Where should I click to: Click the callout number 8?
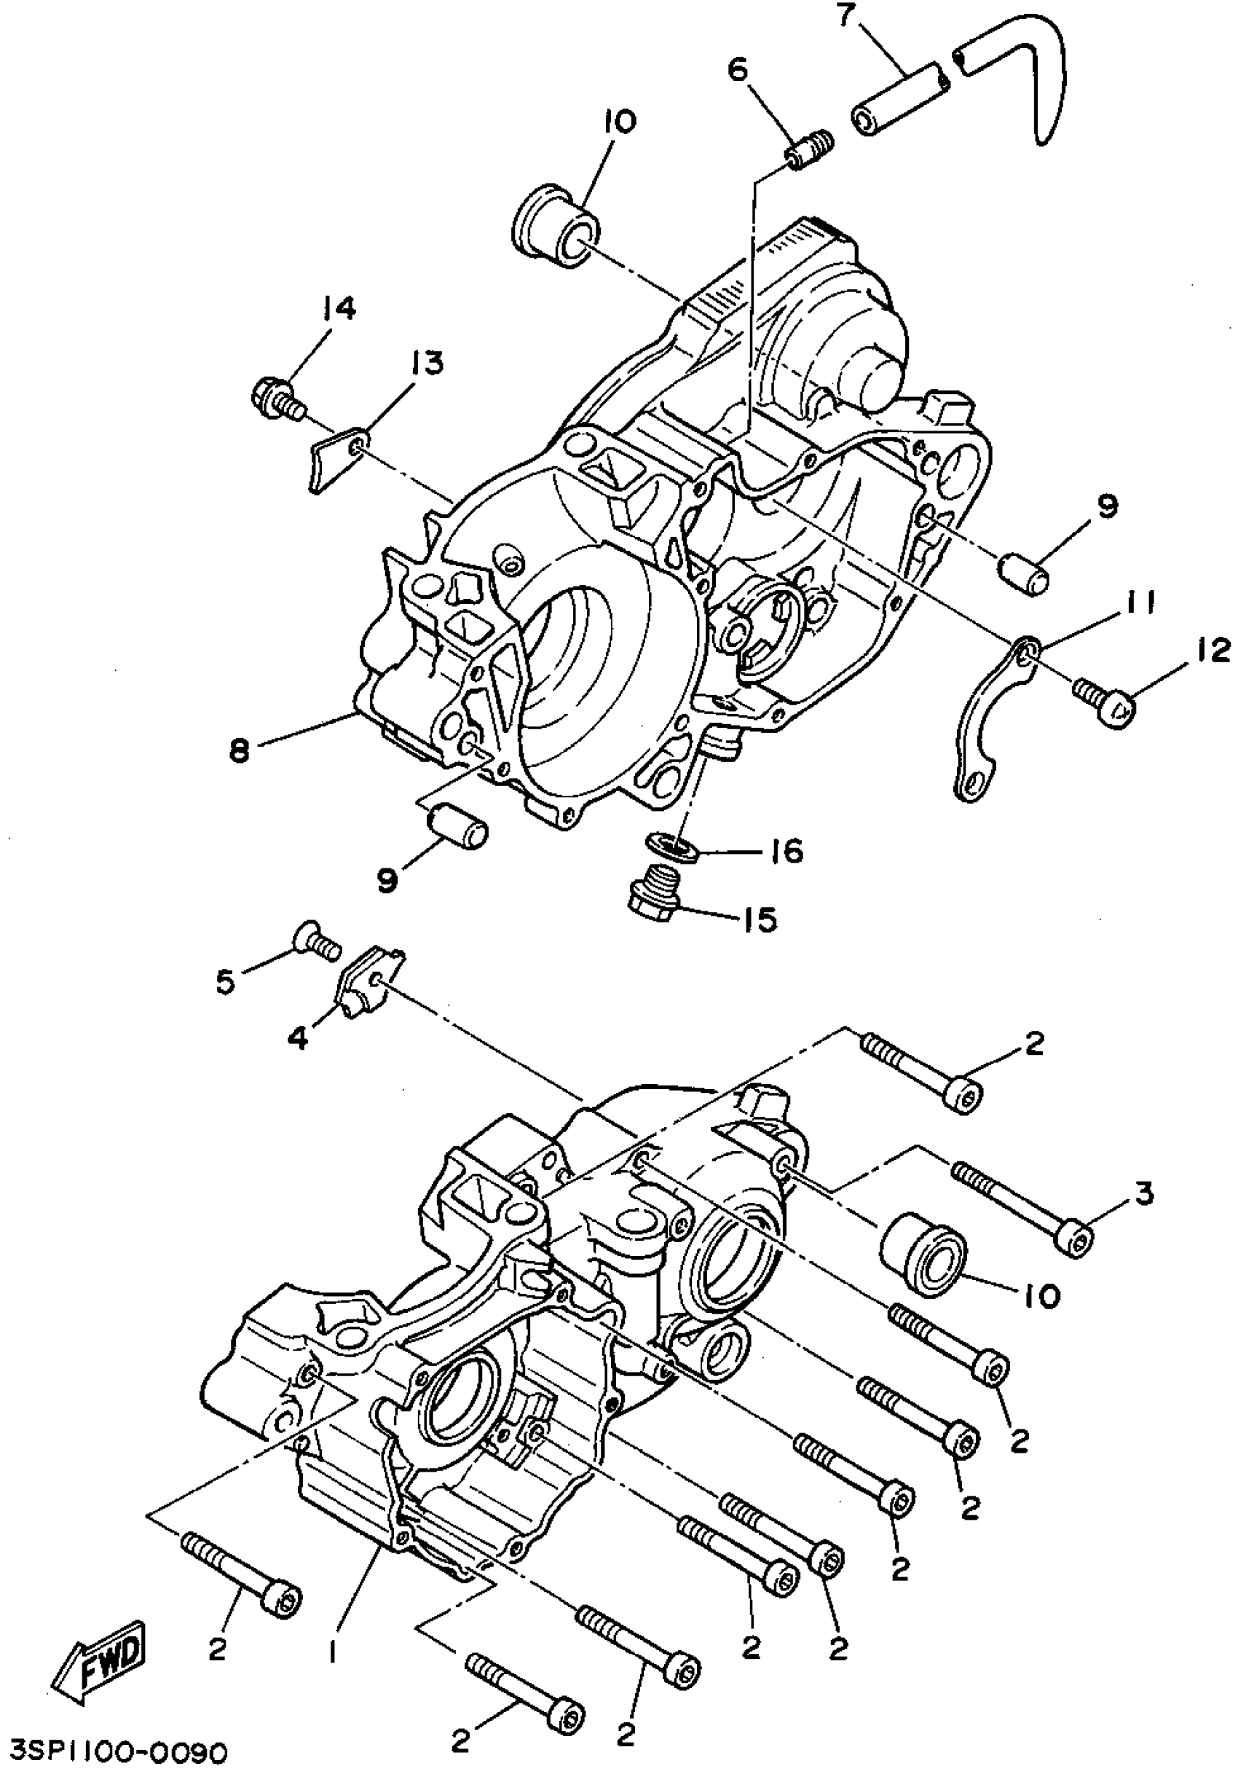tap(240, 750)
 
